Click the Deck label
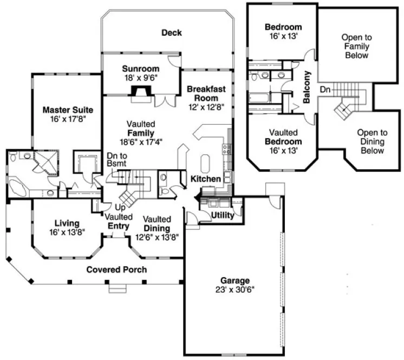[171, 33]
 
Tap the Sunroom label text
[140, 69]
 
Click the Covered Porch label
[116, 269]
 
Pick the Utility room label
[223, 215]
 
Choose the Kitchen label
[205, 179]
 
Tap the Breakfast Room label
[203, 93]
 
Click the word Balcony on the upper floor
[307, 87]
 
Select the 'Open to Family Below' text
[356, 46]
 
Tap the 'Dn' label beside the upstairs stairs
[324, 88]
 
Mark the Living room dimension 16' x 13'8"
[67, 232]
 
